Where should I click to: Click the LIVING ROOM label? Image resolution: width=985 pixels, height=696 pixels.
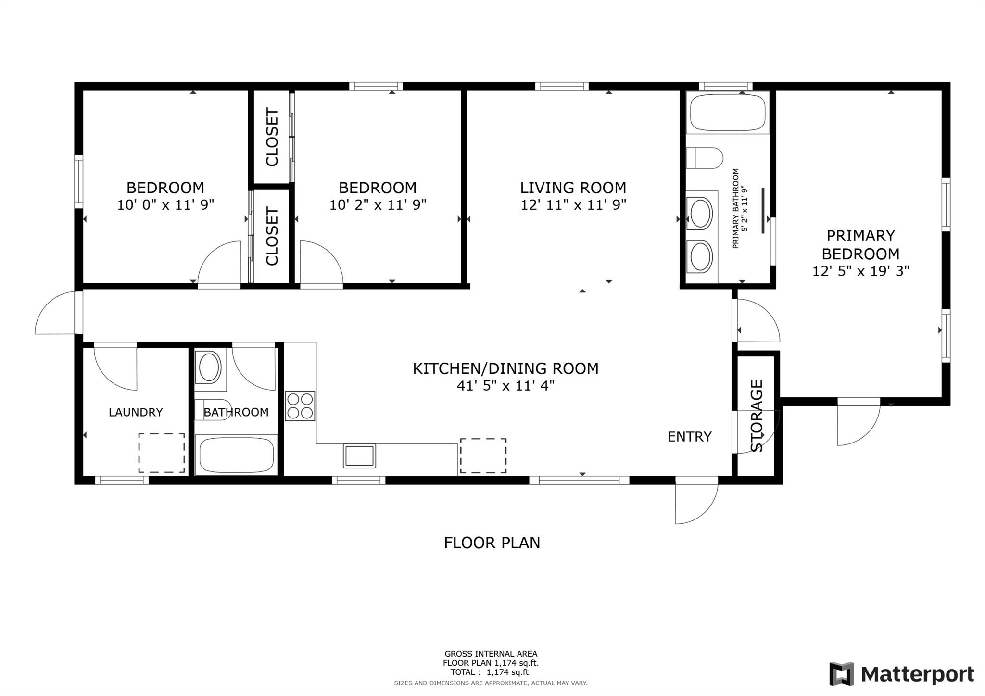(x=573, y=188)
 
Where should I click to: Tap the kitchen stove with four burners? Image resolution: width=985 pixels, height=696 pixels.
(x=300, y=406)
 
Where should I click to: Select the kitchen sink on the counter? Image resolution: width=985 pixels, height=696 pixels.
(x=359, y=456)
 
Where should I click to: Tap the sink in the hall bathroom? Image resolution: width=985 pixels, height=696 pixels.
(x=210, y=367)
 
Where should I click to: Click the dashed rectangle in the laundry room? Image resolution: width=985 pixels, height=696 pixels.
(x=162, y=453)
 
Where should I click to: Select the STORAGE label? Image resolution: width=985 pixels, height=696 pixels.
(x=757, y=416)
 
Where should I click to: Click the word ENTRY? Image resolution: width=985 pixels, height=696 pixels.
(x=690, y=437)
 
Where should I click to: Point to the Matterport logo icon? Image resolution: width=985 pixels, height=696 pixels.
(x=841, y=674)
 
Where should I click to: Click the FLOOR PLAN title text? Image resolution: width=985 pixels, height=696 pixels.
(x=492, y=543)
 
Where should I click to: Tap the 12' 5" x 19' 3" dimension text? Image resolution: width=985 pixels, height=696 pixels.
(x=861, y=271)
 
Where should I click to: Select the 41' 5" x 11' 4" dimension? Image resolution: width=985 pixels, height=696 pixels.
(x=505, y=386)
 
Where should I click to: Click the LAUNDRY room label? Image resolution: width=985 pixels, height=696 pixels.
(x=136, y=412)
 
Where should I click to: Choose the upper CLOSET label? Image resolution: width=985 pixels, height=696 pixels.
(x=272, y=137)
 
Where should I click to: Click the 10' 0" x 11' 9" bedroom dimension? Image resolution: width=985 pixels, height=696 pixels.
(x=165, y=205)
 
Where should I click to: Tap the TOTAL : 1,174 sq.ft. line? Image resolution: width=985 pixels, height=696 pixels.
(x=491, y=672)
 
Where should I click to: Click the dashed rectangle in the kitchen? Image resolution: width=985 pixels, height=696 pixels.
(x=483, y=456)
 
